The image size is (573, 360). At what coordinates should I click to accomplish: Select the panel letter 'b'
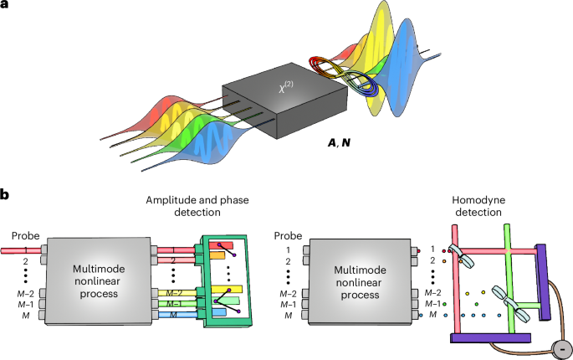tap(6, 195)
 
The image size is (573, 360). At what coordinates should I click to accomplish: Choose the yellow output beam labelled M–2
tap(180, 291)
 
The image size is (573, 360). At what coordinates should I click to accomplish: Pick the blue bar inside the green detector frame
tap(219, 312)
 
